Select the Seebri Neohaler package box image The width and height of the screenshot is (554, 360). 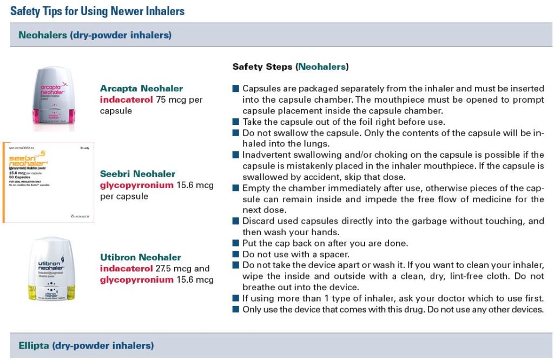45,182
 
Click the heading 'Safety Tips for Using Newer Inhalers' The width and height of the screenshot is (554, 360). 97,11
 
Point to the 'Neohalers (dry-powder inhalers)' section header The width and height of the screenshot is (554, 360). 95,36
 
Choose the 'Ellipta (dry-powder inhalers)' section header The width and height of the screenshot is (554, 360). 86,345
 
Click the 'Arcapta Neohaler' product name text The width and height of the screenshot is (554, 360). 141,88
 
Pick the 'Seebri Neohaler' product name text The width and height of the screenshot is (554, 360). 137,174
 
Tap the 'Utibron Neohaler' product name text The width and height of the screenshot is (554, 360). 140,257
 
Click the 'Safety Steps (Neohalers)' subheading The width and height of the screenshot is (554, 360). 291,67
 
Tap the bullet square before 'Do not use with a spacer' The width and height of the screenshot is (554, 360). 235,254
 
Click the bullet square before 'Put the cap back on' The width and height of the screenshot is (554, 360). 235,243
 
